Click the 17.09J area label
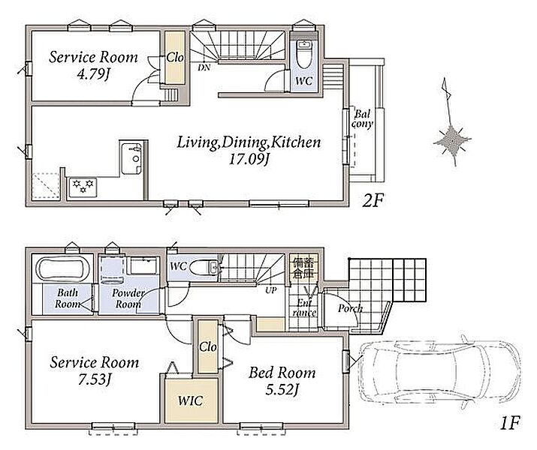(x=249, y=159)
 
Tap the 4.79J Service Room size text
(x=93, y=74)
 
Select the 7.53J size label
(x=95, y=379)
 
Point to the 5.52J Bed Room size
(x=282, y=389)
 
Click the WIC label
(x=191, y=400)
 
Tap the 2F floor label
(x=373, y=201)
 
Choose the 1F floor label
(x=510, y=424)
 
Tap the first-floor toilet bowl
(x=203, y=268)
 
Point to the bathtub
(x=62, y=268)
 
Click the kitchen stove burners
(x=83, y=186)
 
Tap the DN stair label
(x=204, y=67)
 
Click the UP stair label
(x=271, y=290)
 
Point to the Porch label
(x=350, y=308)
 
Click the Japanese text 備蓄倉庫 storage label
(x=303, y=268)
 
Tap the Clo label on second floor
(x=175, y=57)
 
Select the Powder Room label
(x=128, y=298)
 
